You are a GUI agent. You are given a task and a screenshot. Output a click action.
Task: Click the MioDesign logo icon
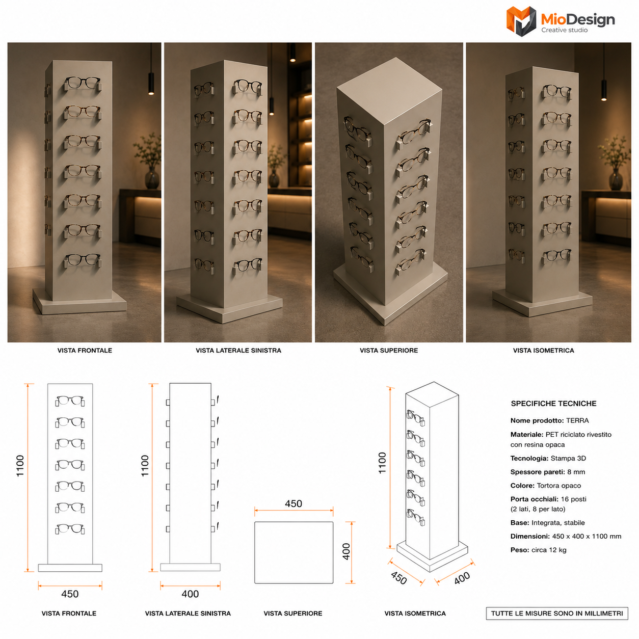(x=521, y=21)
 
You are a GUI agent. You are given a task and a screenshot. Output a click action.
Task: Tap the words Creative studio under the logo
(x=565, y=30)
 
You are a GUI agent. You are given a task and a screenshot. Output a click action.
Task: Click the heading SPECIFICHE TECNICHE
(x=553, y=404)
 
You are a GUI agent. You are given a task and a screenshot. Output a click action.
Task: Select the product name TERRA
(x=577, y=420)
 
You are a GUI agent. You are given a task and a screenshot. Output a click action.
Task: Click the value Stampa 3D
(x=568, y=458)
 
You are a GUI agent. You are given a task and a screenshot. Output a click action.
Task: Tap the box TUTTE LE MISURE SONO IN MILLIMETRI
(x=557, y=614)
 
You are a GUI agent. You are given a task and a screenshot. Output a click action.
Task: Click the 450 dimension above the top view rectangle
(x=294, y=503)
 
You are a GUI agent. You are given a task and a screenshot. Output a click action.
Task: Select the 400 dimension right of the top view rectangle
(x=347, y=552)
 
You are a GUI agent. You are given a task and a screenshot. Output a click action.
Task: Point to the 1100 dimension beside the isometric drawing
(x=382, y=463)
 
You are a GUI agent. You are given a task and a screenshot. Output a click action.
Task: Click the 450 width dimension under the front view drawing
(x=70, y=594)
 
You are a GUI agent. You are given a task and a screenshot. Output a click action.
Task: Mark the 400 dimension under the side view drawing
(x=190, y=594)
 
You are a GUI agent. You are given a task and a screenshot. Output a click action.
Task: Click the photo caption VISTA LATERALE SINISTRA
(x=238, y=351)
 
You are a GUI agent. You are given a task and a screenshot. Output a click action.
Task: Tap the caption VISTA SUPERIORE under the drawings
(x=293, y=614)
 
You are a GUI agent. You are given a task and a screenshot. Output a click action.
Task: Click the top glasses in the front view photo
(x=83, y=83)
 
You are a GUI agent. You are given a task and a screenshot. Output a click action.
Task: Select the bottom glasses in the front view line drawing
(x=70, y=529)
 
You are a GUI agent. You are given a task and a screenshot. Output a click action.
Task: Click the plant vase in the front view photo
(x=151, y=179)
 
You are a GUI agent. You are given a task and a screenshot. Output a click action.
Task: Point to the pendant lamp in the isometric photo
(x=604, y=90)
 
